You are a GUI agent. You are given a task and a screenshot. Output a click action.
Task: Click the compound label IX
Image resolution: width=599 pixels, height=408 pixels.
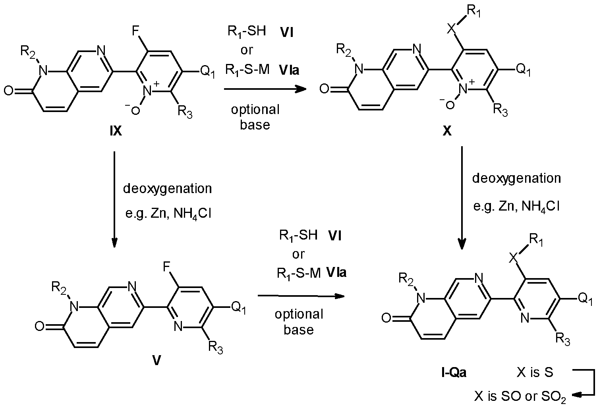[x=116, y=131]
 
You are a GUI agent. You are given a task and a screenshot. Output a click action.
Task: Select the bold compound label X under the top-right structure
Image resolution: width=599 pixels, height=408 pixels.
[x=447, y=131]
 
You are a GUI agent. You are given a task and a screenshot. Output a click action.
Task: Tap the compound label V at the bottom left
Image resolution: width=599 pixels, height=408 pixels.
[x=157, y=360]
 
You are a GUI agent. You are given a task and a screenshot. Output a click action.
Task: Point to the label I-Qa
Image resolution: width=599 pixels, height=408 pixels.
[x=454, y=372]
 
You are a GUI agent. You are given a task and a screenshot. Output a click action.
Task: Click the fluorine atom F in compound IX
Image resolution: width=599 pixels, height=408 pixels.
[x=136, y=31]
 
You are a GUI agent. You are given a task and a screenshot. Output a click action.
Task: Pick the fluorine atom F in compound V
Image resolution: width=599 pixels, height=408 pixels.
[x=167, y=267]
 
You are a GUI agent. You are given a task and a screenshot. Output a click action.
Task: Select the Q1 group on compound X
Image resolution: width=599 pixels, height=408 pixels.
[x=523, y=70]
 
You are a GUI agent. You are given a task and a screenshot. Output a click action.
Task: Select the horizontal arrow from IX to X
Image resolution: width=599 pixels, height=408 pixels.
[x=265, y=89]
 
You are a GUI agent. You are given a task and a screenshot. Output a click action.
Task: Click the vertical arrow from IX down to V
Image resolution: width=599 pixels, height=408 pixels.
[x=114, y=199]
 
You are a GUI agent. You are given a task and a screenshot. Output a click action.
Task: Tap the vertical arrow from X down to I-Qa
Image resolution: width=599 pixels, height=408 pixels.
[x=462, y=198]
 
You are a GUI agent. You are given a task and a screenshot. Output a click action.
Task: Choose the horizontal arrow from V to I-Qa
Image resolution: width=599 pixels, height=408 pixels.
[x=301, y=296]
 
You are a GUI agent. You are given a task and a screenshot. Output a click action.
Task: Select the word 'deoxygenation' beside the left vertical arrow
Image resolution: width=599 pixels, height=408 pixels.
[x=167, y=189]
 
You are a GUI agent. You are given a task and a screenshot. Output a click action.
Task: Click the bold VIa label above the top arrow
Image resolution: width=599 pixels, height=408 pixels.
[x=289, y=70]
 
